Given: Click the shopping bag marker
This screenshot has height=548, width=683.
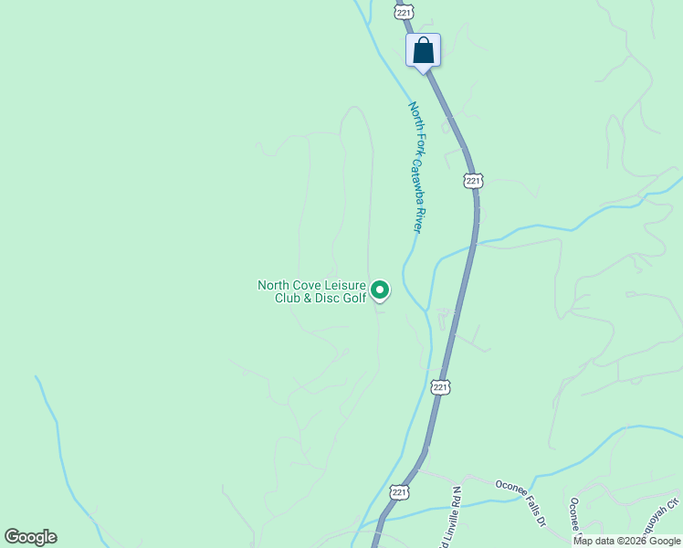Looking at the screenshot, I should (x=423, y=49).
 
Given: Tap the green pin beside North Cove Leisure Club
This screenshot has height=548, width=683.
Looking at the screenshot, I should (x=379, y=290).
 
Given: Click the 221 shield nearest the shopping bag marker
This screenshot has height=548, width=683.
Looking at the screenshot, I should (x=405, y=11).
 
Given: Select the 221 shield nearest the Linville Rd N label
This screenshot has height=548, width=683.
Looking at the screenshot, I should (x=399, y=491).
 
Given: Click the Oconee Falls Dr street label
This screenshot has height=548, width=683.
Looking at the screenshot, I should (x=520, y=502).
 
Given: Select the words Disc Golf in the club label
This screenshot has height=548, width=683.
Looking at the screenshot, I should (x=341, y=298).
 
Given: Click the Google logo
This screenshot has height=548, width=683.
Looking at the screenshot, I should (x=30, y=537).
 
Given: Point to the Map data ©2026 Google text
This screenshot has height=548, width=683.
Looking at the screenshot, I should (x=626, y=541).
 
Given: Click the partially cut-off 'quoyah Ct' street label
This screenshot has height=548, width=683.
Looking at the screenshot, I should (x=664, y=516).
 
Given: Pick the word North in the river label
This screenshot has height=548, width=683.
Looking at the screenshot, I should (x=415, y=116).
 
